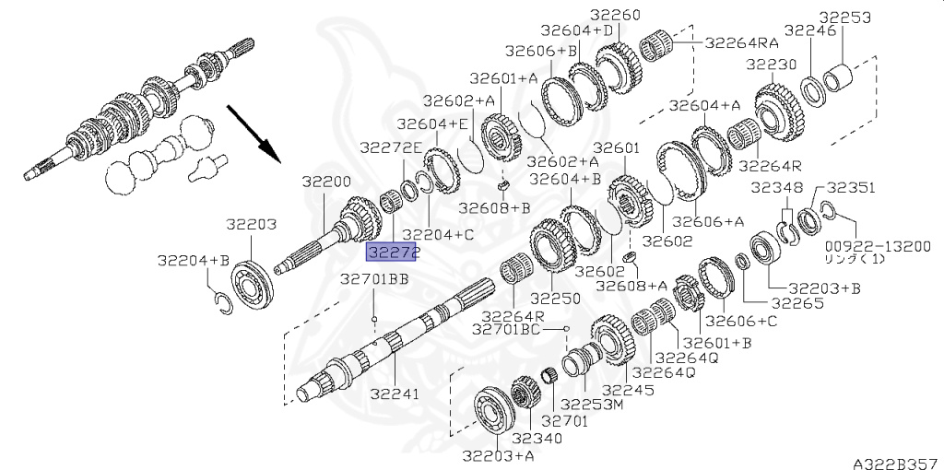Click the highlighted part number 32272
point(392,253)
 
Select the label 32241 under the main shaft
point(394,394)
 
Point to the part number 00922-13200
point(879,247)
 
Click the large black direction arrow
point(254,134)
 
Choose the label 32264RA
point(742,42)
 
